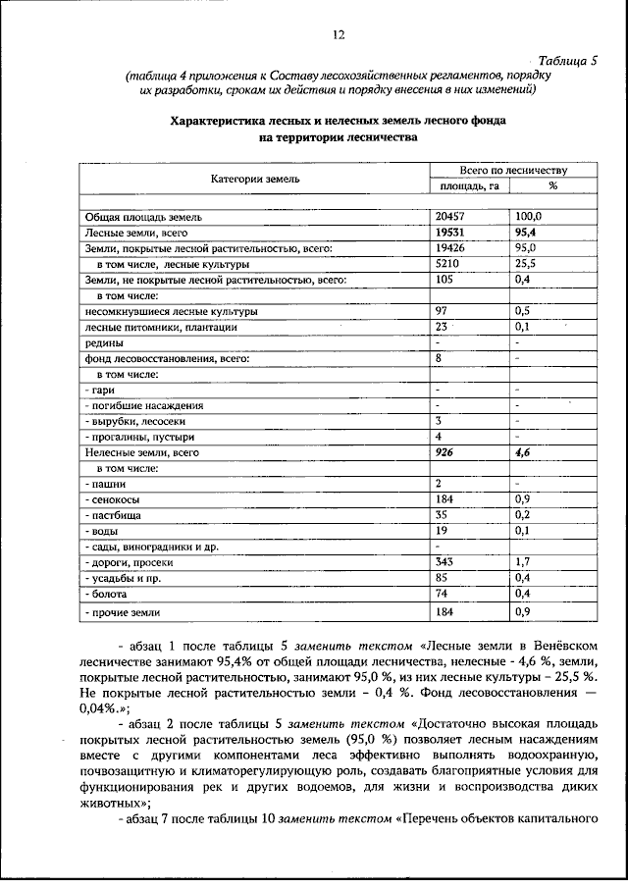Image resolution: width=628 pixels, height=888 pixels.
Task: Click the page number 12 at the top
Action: [339, 35]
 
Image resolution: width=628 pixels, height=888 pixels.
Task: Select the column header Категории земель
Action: [255, 179]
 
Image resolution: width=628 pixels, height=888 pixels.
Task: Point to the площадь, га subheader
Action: [470, 185]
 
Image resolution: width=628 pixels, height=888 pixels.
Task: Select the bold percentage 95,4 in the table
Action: [528, 233]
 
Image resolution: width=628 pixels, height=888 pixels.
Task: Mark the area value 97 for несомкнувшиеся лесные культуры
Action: [442, 311]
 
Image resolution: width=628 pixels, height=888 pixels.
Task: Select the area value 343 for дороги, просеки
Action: [445, 562]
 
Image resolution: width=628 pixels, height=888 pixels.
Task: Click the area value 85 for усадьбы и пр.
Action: [442, 578]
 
